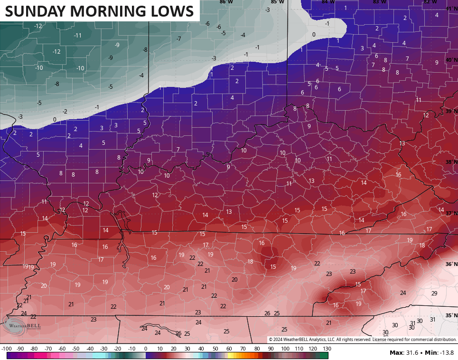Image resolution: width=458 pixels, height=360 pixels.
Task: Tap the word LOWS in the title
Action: tap(171, 11)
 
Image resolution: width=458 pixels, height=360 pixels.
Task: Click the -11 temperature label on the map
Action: tap(77, 35)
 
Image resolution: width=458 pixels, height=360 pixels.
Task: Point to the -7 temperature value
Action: tap(178, 38)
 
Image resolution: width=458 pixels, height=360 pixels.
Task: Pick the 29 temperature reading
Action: tap(434, 293)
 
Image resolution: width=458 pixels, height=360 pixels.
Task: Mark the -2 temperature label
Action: tap(65, 112)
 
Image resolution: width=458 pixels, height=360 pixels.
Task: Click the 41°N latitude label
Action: tap(451, 9)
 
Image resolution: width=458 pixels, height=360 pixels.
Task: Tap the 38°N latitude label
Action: tap(451, 162)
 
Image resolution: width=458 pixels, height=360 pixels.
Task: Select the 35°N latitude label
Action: tap(451, 315)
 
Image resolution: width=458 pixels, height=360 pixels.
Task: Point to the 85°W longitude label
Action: tap(277, 2)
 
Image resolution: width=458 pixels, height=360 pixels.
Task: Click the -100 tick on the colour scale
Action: tap(6, 349)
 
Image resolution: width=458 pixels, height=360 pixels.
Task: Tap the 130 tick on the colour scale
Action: tap(327, 349)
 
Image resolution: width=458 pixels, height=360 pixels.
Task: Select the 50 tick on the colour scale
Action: tap(215, 349)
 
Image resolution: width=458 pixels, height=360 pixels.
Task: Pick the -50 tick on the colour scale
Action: tap(76, 349)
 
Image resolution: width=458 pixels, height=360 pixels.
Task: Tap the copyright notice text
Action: tap(363, 339)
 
